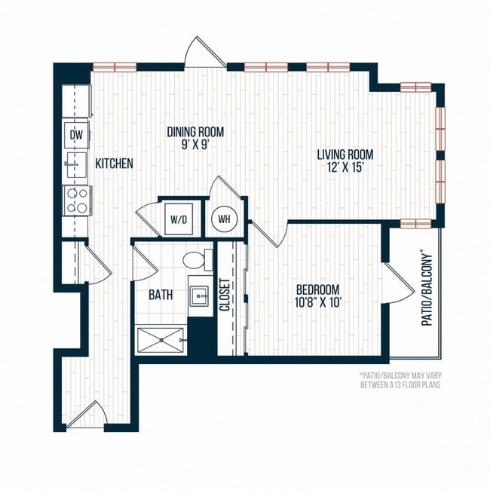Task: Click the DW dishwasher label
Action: pyautogui.click(x=76, y=135)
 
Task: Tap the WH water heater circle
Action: pyautogui.click(x=224, y=218)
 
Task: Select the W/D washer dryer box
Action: pyautogui.click(x=181, y=220)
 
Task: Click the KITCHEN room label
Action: pyautogui.click(x=114, y=163)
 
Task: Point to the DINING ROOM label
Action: pyautogui.click(x=195, y=132)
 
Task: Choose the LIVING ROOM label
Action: pyautogui.click(x=345, y=155)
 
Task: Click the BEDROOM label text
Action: pyautogui.click(x=317, y=289)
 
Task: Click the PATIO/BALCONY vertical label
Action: pyautogui.click(x=427, y=287)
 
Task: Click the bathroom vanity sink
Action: pyautogui.click(x=200, y=293)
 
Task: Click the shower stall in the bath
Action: pyautogui.click(x=161, y=340)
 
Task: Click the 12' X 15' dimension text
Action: pyautogui.click(x=345, y=168)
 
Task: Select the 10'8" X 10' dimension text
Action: pyautogui.click(x=317, y=303)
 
